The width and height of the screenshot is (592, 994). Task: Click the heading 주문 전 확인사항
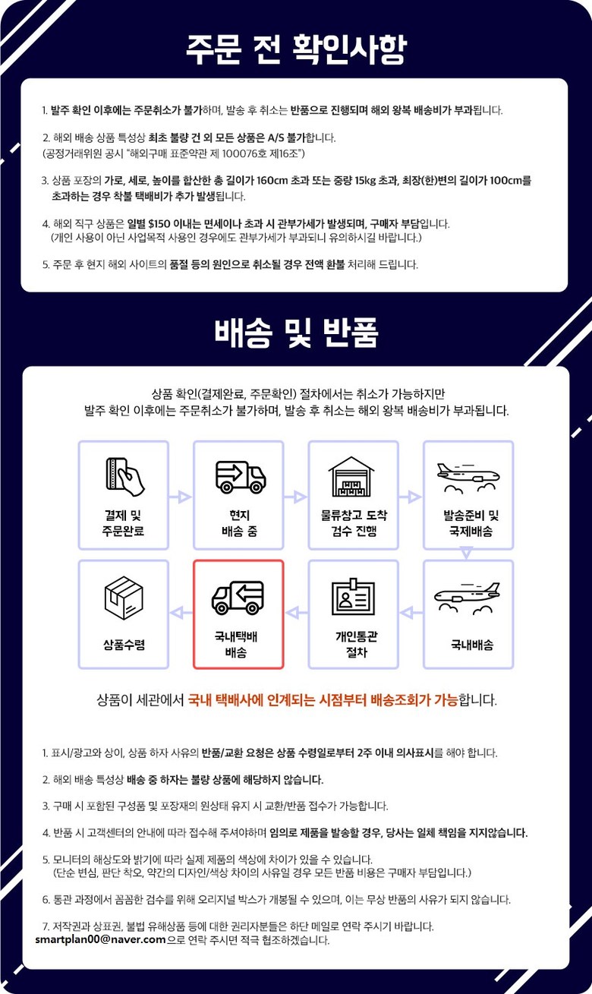coord(296,49)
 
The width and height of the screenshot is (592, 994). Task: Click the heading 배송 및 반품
coord(296,333)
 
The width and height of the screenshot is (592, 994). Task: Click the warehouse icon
coord(351,477)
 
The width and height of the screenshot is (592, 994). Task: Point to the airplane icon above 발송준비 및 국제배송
coord(468,478)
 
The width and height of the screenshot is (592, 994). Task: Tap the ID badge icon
coord(353,596)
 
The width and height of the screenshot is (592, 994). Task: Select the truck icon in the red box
coord(238,598)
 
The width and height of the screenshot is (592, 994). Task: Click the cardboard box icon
coord(124,598)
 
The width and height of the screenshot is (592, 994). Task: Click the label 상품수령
coord(124,645)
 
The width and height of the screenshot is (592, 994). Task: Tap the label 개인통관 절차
coord(356,645)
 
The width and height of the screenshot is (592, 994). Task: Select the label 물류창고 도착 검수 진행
coord(354,522)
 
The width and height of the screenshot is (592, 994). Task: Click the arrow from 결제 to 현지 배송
coord(181,497)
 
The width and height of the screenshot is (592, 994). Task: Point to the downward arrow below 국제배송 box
coord(466,554)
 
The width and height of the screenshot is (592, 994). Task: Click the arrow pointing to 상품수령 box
coord(181,613)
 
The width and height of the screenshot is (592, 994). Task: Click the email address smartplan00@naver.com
coord(100,940)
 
